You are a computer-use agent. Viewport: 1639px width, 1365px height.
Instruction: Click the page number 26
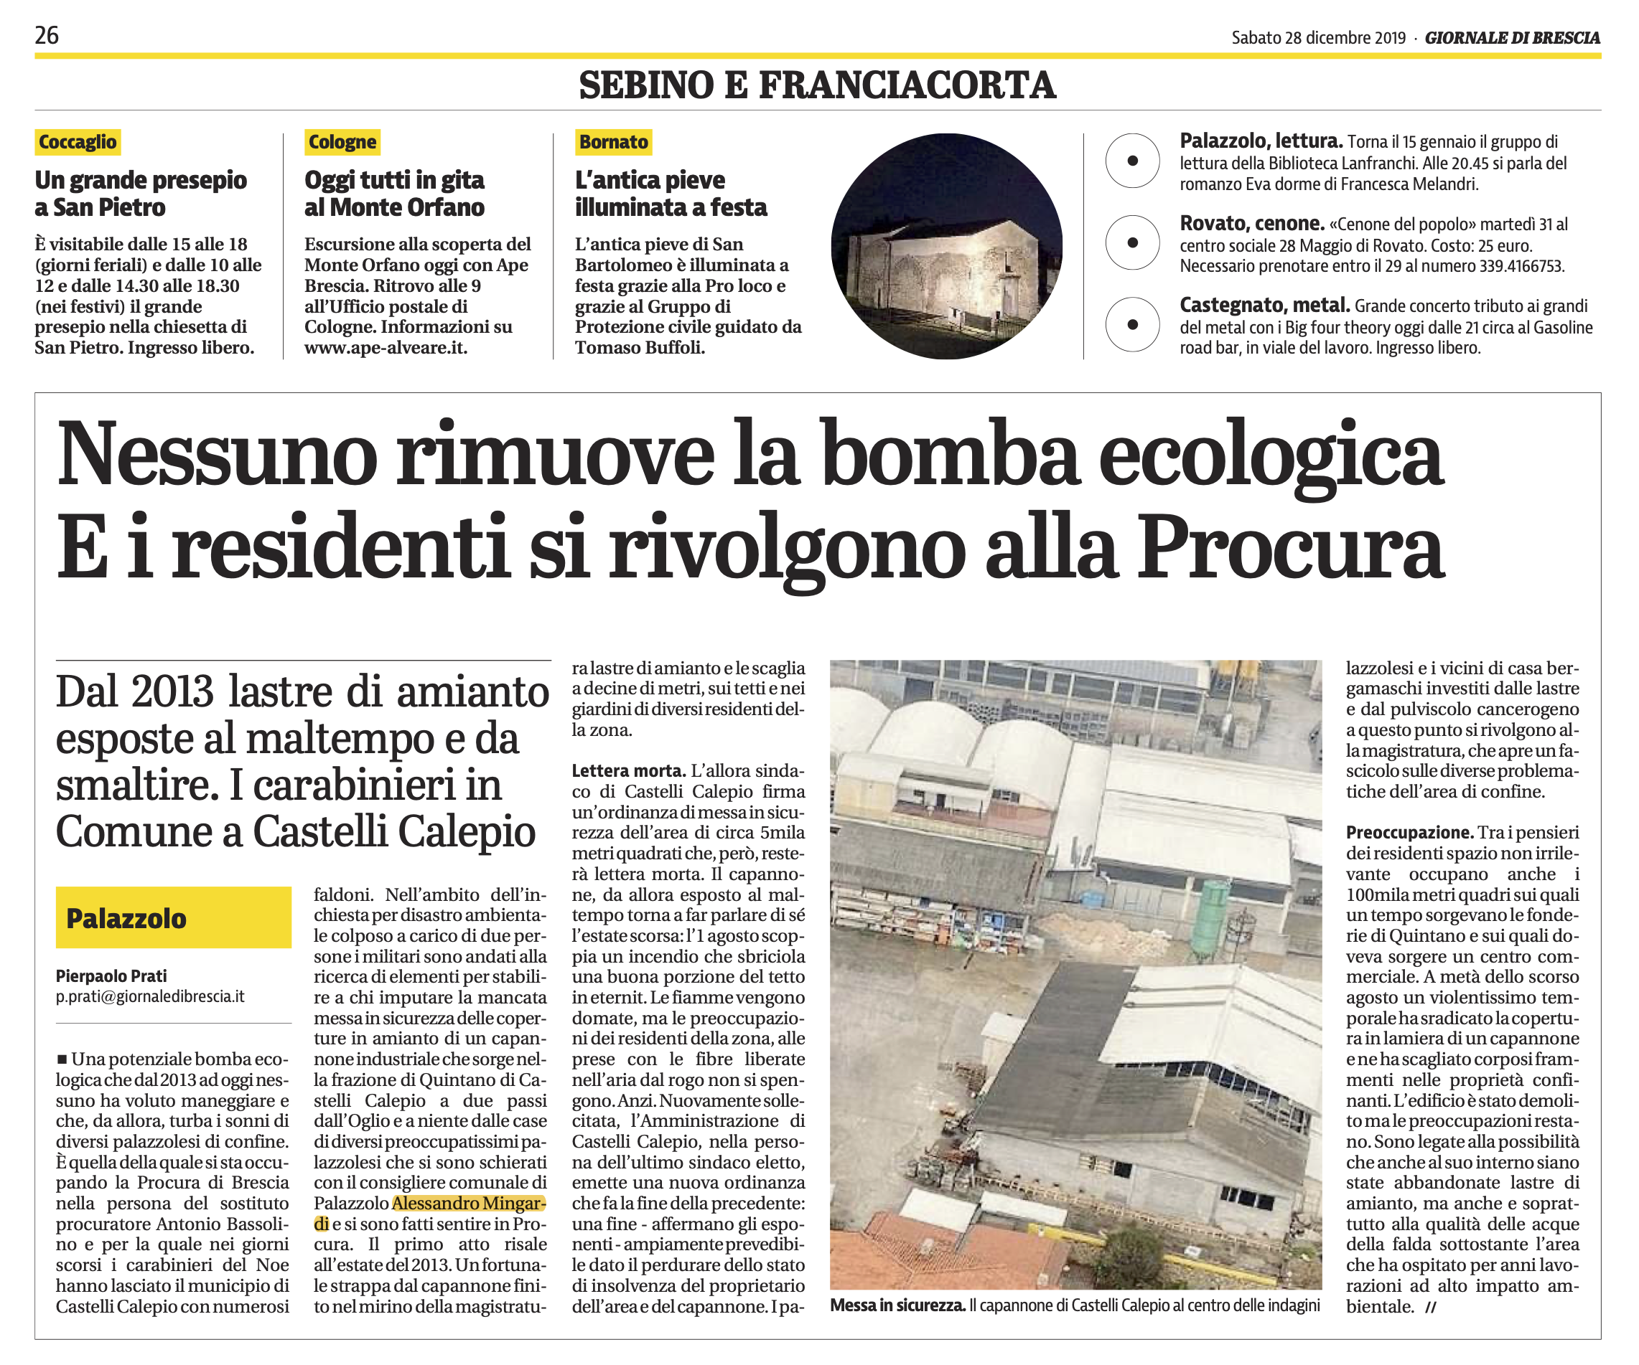click(47, 35)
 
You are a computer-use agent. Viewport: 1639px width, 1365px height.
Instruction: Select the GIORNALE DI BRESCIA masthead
click(1512, 37)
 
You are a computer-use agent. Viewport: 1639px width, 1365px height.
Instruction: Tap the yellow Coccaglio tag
click(78, 142)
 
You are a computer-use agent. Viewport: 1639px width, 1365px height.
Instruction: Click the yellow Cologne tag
click(342, 142)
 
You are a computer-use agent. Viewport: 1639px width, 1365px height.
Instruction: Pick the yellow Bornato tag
click(613, 142)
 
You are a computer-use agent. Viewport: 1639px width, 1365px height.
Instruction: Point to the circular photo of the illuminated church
click(946, 246)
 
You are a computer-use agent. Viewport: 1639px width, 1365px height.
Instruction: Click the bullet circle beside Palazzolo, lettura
click(1132, 161)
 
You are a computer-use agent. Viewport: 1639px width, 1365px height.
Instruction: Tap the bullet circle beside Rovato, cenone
click(1132, 242)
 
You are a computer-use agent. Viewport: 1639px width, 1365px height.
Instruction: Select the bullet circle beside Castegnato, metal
click(1132, 324)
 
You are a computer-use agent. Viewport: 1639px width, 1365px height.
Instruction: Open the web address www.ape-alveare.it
click(386, 348)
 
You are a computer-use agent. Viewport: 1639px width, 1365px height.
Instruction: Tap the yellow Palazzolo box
click(173, 918)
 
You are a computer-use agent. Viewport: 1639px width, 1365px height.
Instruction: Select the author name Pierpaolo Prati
click(111, 976)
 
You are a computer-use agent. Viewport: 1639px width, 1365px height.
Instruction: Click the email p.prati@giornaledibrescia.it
click(150, 997)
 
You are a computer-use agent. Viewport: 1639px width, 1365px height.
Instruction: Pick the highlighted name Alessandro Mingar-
click(468, 1204)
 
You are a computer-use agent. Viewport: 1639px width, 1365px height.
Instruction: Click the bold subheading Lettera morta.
click(628, 770)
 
